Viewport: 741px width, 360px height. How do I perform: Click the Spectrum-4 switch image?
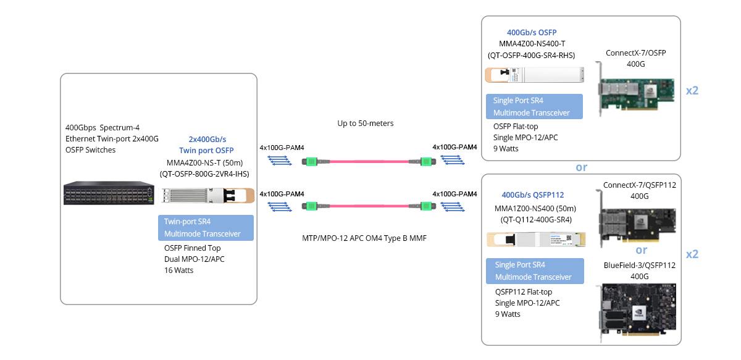[x=109, y=193]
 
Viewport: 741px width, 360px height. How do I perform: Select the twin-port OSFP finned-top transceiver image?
[x=208, y=195]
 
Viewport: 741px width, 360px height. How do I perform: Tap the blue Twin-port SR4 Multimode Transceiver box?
[x=206, y=228]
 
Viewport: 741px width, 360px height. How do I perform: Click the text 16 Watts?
[x=178, y=270]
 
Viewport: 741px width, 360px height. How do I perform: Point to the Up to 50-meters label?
[x=365, y=123]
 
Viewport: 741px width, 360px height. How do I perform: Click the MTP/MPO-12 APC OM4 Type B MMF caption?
[x=364, y=238]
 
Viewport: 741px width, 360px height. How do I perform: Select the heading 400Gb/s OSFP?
[x=532, y=33]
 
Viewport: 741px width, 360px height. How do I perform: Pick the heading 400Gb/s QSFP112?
[x=532, y=195]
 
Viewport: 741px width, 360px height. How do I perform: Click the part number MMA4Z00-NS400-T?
[x=532, y=44]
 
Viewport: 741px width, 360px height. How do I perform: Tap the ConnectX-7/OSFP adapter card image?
[x=635, y=90]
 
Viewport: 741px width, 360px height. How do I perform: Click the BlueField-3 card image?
[x=637, y=312]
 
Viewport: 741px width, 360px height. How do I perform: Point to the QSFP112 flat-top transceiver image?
[x=536, y=240]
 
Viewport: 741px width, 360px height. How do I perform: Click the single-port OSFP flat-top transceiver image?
[x=534, y=75]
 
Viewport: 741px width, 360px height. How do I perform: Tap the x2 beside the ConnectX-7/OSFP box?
[x=692, y=91]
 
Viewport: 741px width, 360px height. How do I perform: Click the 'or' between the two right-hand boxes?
[x=582, y=167]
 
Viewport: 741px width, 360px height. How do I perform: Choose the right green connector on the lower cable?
[x=427, y=206]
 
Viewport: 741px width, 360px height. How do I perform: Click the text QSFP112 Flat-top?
[x=524, y=292]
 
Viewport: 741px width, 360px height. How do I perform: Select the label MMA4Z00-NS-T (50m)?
[x=204, y=163]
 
